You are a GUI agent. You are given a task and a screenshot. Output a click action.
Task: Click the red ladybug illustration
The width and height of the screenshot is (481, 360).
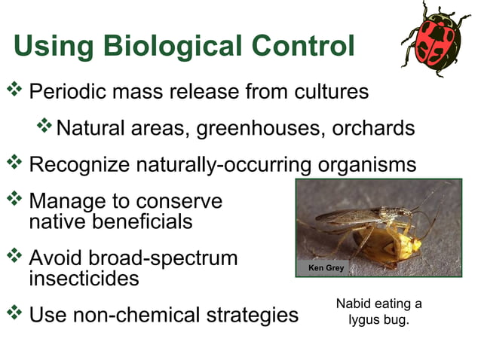[x=435, y=38]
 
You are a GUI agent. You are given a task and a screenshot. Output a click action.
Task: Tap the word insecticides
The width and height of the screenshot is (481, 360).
[x=84, y=279]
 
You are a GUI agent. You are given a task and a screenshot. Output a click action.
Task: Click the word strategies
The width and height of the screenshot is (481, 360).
[x=253, y=315]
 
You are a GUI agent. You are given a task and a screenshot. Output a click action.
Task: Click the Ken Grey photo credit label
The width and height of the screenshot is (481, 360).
[x=326, y=268]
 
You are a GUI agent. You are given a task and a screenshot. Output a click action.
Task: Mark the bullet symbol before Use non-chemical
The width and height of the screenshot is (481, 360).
[x=15, y=312]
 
